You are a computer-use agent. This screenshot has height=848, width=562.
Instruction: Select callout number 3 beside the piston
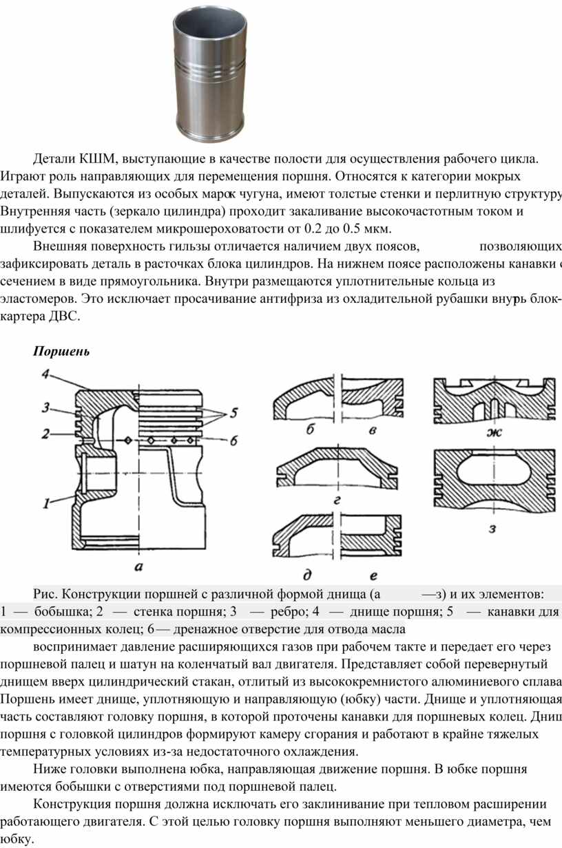coord(45,407)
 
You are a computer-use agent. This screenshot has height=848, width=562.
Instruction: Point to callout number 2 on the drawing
coord(45,434)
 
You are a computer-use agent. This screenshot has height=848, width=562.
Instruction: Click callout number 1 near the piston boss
coord(48,503)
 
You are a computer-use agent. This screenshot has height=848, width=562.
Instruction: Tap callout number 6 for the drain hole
coord(233,441)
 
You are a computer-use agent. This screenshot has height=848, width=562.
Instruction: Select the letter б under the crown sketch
coord(311,431)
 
